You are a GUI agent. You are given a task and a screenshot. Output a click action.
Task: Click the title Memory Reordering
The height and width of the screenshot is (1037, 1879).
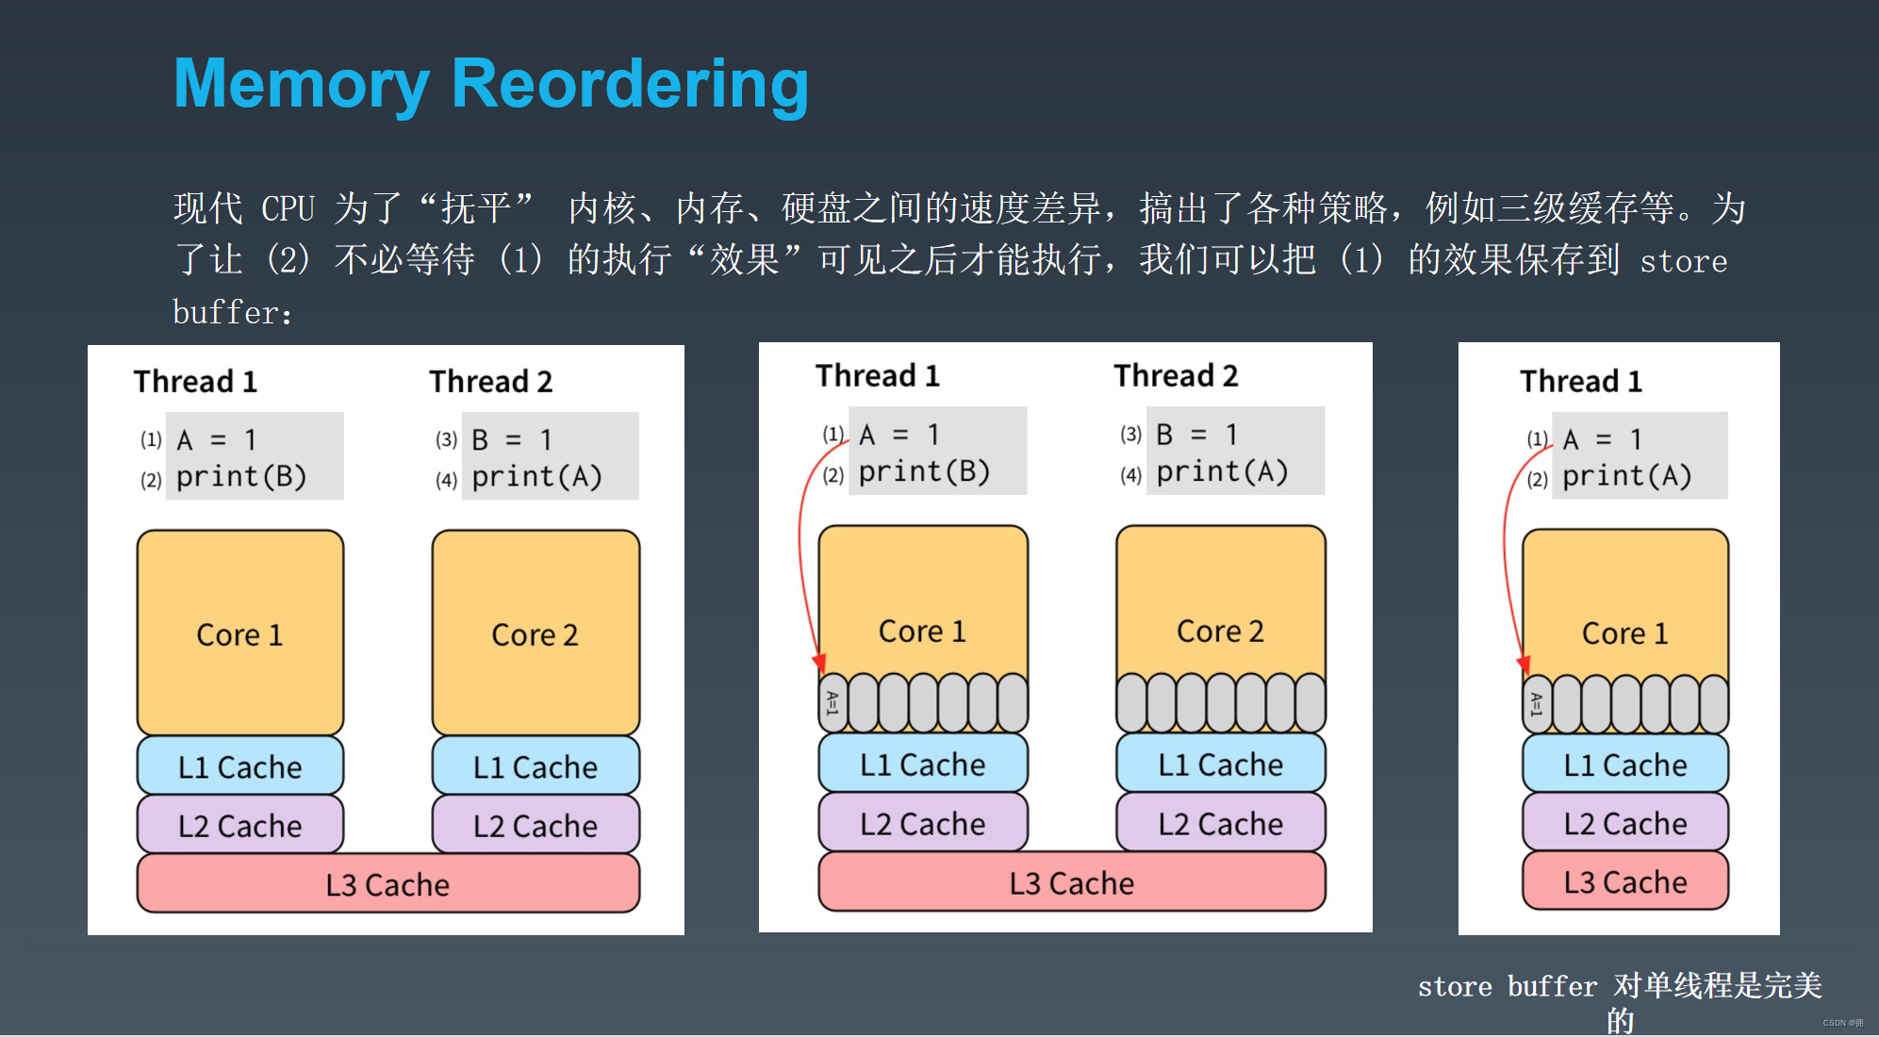click(x=490, y=85)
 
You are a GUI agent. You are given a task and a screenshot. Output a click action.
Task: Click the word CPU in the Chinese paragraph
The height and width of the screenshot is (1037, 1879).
click(x=288, y=208)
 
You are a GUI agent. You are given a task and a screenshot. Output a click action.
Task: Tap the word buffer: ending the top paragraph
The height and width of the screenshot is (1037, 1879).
click(x=232, y=313)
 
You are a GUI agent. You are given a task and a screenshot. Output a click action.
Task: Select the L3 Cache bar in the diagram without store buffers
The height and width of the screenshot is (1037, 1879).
click(x=387, y=884)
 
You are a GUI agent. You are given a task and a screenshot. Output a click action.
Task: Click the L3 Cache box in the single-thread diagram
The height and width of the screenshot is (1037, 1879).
click(x=1624, y=881)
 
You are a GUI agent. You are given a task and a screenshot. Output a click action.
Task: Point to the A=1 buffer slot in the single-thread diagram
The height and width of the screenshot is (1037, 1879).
click(x=1537, y=704)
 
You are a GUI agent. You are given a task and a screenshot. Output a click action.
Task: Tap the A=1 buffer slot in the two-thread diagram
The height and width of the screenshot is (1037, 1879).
click(x=832, y=703)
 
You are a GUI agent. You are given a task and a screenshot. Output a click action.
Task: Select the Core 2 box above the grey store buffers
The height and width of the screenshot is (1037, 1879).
click(x=1220, y=603)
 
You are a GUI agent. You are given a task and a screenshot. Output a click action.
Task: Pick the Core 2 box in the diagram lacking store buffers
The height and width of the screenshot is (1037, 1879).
click(x=535, y=633)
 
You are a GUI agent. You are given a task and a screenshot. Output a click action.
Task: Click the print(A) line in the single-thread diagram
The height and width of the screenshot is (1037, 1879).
click(x=1626, y=477)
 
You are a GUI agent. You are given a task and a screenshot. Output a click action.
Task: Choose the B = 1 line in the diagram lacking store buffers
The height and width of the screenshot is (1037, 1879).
click(x=512, y=439)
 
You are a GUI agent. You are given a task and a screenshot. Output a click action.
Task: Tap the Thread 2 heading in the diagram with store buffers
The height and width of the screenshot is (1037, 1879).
click(x=1176, y=376)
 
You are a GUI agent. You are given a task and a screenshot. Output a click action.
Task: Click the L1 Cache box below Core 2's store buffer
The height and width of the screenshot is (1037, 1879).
click(x=1220, y=764)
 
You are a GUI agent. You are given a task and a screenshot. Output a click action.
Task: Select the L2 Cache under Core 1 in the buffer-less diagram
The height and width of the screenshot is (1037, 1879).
click(x=239, y=825)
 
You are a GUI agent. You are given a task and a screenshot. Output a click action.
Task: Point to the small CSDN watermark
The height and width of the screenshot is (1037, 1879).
click(x=1842, y=1023)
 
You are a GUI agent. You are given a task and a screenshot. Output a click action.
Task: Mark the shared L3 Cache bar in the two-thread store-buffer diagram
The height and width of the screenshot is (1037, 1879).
click(x=1071, y=882)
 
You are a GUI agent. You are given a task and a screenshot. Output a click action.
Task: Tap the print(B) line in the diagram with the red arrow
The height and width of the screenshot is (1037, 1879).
click(x=924, y=471)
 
